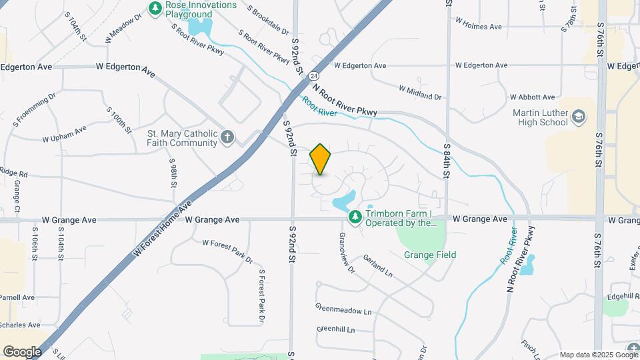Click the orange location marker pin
[x=320, y=159]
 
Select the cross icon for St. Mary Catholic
[x=227, y=137]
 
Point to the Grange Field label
[x=430, y=255]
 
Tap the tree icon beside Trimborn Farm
[x=355, y=217]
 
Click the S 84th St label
[x=445, y=161]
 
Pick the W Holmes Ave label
[x=478, y=27]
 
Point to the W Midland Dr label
[x=420, y=93]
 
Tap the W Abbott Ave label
[x=532, y=97]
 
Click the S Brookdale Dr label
[x=267, y=21]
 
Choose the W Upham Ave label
[x=64, y=134]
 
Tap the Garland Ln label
[x=377, y=265]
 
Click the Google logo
[x=22, y=352]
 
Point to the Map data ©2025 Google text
[x=597, y=355]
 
